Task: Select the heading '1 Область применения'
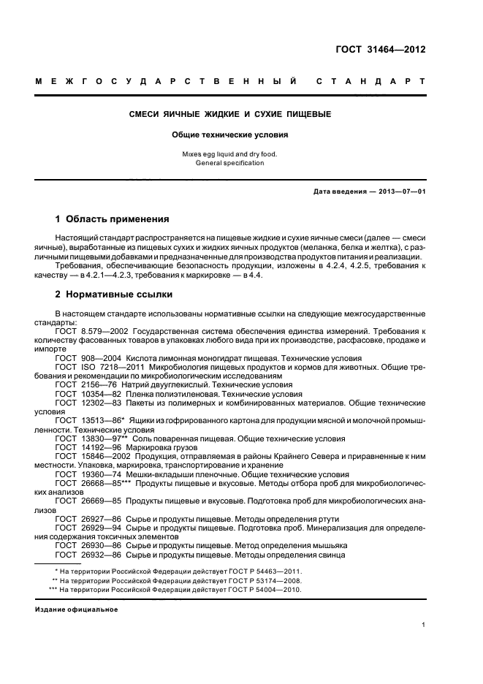click(x=113, y=218)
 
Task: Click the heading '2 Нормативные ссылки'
click(x=114, y=294)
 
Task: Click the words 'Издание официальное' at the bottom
click(x=76, y=609)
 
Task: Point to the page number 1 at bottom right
click(x=424, y=625)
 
